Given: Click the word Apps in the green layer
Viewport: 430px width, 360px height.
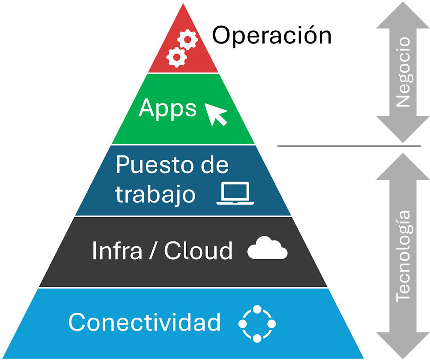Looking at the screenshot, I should pyautogui.click(x=167, y=108).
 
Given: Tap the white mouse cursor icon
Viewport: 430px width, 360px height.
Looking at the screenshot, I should pyautogui.click(x=216, y=114).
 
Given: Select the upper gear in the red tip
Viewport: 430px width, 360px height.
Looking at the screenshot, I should pyautogui.click(x=188, y=41).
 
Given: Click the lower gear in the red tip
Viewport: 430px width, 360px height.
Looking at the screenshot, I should pyautogui.click(x=176, y=57).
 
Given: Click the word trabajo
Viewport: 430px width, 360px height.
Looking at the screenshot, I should pyautogui.click(x=155, y=194).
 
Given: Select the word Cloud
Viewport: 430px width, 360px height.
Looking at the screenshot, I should pyautogui.click(x=198, y=251).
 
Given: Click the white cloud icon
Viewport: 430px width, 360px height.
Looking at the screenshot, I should pyautogui.click(x=267, y=249).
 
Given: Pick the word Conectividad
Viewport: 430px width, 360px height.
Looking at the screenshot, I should pyautogui.click(x=144, y=322).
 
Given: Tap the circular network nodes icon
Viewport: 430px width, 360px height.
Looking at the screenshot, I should pyautogui.click(x=257, y=324).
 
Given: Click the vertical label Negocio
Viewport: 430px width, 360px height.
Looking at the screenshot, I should pyautogui.click(x=402, y=72).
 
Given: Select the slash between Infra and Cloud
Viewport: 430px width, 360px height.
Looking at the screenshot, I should pyautogui.click(x=153, y=251).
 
